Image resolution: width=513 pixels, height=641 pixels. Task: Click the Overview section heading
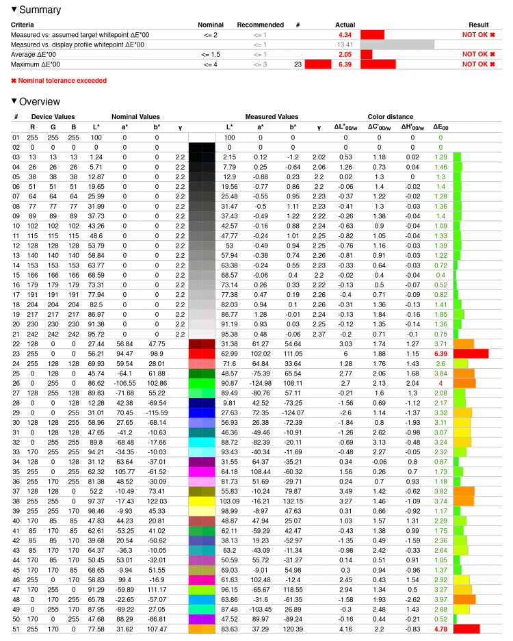click(39, 101)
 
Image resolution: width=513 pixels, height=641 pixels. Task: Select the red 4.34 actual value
click(344, 34)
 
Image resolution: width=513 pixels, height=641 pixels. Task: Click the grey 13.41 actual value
click(344, 44)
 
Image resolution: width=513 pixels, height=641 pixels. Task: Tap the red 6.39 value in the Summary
click(344, 64)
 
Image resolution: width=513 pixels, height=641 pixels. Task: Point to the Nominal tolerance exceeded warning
click(62, 80)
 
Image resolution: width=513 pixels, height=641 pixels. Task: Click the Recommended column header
click(260, 25)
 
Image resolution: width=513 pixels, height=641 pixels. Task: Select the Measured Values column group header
click(272, 117)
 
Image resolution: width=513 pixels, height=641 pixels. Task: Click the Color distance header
click(390, 117)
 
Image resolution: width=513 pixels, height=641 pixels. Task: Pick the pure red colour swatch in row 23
click(201, 353)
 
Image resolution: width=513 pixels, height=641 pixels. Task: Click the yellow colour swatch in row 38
click(201, 501)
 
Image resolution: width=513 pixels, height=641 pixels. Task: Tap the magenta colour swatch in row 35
click(201, 471)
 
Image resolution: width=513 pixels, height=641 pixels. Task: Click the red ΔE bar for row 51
click(466, 629)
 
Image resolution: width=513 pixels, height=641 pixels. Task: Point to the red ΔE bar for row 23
click(471, 353)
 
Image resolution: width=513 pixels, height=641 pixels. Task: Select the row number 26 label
click(16, 383)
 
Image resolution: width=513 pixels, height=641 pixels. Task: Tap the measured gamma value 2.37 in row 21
click(318, 334)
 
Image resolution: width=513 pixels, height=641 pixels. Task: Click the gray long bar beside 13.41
click(397, 44)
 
